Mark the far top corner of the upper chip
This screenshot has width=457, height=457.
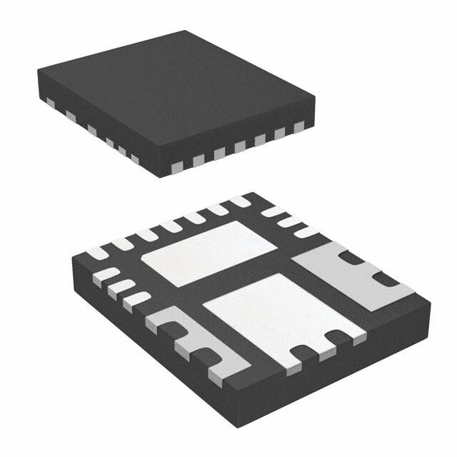[187, 31]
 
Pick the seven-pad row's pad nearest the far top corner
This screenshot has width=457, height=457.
[238, 203]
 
